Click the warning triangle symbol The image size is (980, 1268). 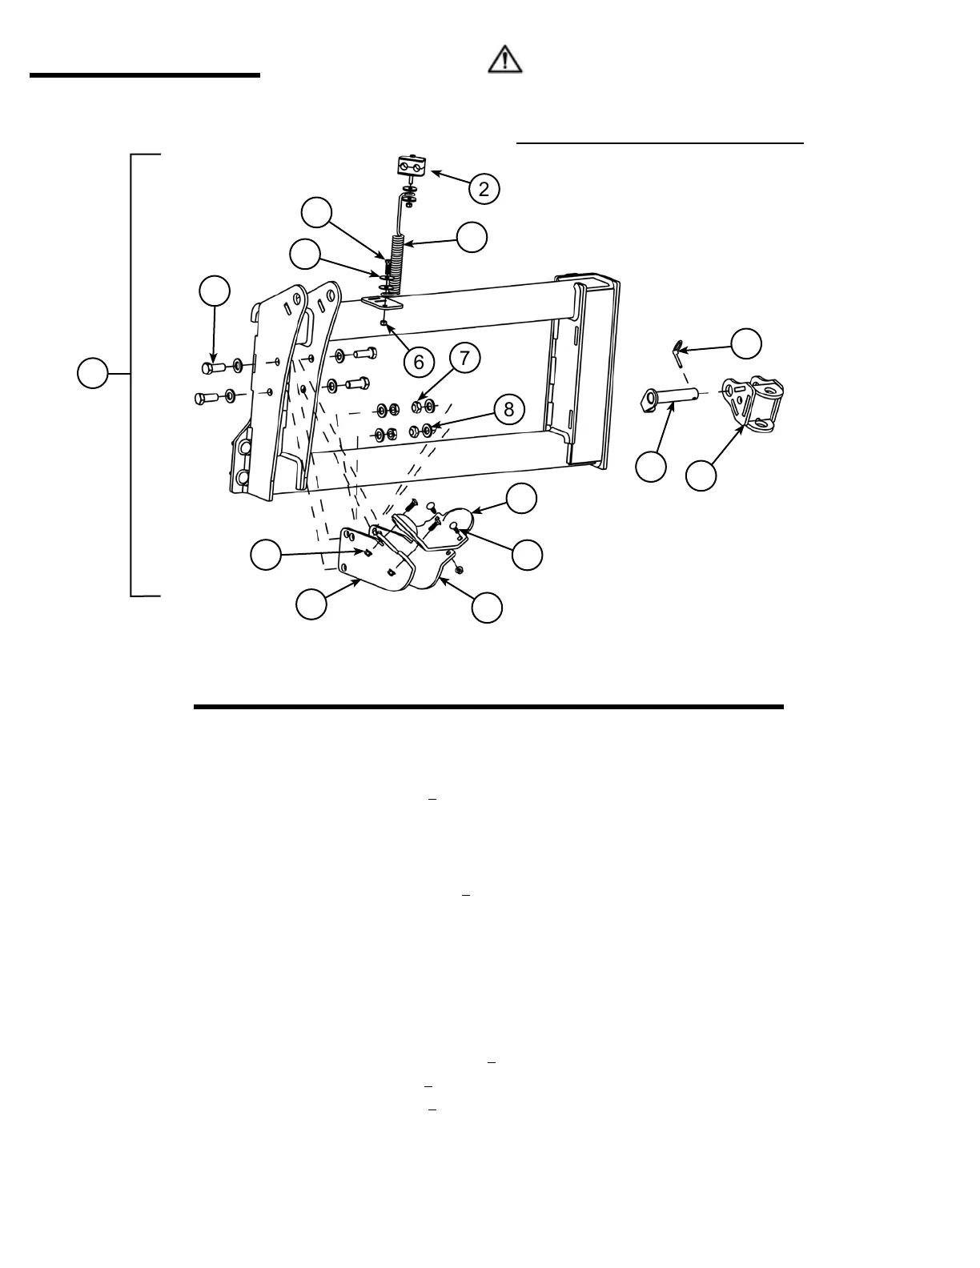(x=506, y=60)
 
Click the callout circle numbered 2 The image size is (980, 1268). (x=484, y=189)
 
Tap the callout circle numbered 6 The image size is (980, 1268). (x=419, y=362)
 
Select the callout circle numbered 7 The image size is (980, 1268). (x=464, y=357)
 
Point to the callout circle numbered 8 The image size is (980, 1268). (x=508, y=410)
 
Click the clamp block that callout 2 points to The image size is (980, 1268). (x=413, y=167)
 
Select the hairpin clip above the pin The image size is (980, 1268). (x=677, y=348)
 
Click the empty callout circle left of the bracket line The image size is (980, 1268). (x=93, y=374)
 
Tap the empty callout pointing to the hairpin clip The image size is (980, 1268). (x=746, y=343)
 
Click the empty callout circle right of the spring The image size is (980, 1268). (x=472, y=237)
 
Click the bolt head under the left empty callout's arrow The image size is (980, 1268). (x=211, y=367)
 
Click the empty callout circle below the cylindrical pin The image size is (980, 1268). (x=651, y=467)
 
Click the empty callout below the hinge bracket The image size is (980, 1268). (x=701, y=475)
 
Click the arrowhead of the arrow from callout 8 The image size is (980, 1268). (x=432, y=427)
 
